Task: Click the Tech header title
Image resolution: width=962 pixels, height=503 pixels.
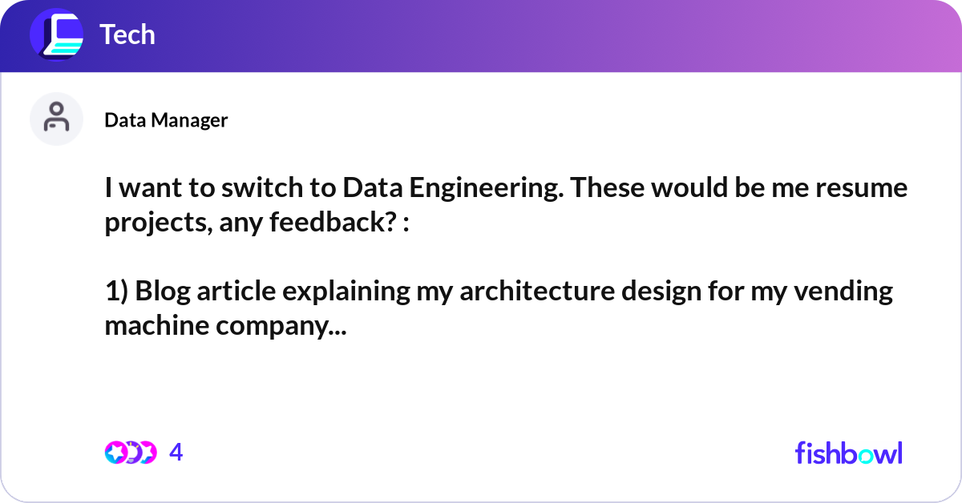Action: [127, 34]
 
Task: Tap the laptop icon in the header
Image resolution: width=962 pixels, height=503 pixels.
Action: [57, 34]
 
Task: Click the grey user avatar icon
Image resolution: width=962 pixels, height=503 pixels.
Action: [56, 119]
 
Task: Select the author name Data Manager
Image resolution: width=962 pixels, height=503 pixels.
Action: [166, 120]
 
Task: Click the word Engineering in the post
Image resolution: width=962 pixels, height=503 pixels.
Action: [486, 189]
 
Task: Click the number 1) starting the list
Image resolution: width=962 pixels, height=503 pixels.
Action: [116, 292]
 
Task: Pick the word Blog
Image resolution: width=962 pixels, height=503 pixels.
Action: [163, 292]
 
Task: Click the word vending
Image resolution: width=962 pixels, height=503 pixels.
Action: [843, 292]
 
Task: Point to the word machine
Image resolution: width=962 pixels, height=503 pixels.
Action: [156, 325]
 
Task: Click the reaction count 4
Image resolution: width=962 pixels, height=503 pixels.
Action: [176, 452]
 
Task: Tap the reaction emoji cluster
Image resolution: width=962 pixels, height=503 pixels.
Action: [131, 453]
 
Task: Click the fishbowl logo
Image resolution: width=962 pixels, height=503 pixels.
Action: [849, 453]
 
